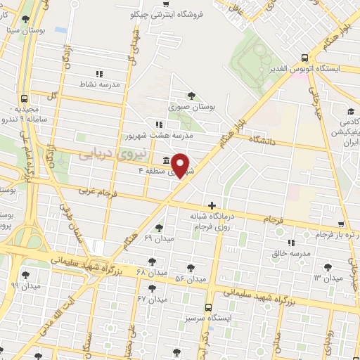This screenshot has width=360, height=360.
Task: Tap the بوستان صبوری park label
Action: (191, 107)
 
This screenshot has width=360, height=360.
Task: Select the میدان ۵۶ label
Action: (191, 278)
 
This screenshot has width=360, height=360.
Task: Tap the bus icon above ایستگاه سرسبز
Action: (208, 307)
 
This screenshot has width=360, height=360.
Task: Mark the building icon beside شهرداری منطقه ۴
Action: (165, 158)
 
